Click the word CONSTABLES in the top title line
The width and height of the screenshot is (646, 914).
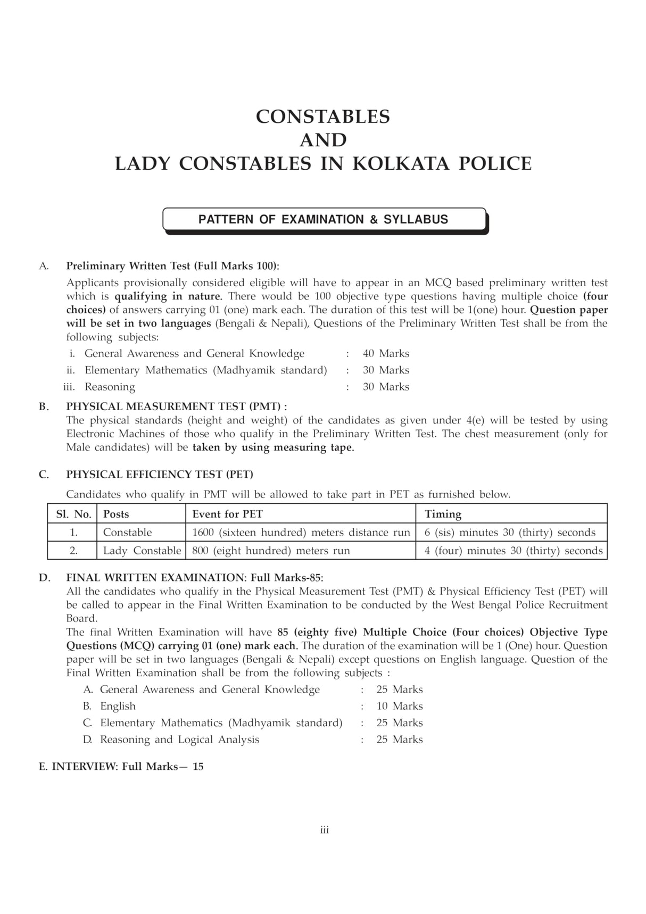click(322, 117)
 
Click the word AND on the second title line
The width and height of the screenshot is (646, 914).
click(323, 140)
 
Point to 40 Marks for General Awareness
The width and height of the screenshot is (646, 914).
click(386, 353)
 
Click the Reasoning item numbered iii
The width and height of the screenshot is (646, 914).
click(110, 387)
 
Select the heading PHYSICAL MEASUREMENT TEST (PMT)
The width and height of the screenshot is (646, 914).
click(176, 406)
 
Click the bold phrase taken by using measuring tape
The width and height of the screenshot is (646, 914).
click(273, 447)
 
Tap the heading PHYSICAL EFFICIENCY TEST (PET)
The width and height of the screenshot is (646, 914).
click(160, 474)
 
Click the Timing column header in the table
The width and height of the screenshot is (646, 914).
click(443, 514)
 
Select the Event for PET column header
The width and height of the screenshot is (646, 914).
click(227, 514)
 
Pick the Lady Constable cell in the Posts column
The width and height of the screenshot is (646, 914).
click(142, 551)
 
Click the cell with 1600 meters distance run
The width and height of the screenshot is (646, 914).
click(301, 533)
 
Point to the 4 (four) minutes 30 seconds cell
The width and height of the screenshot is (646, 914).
click(513, 551)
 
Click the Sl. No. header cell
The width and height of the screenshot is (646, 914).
click(73, 514)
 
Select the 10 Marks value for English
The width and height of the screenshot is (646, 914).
click(399, 706)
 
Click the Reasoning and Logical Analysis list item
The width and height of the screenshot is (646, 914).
click(179, 739)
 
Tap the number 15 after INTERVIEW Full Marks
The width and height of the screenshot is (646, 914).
click(198, 767)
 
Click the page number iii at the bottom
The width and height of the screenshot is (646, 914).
click(324, 830)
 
